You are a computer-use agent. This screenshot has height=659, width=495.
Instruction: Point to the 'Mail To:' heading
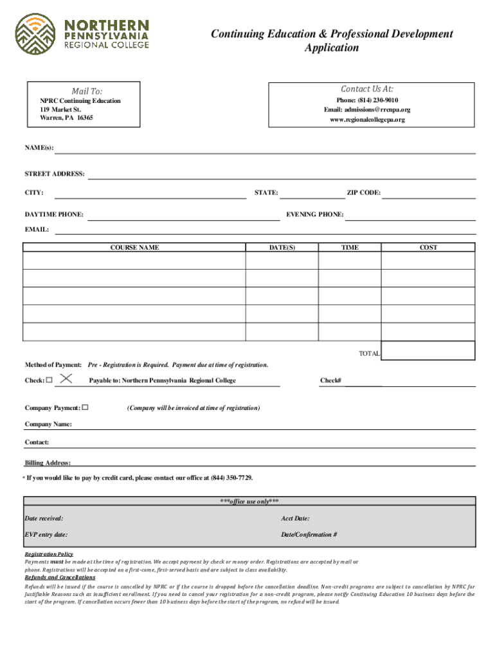pos(87,91)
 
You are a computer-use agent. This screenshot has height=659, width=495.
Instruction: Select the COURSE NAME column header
pos(134,247)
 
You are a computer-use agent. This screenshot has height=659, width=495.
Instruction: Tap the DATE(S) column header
pos(282,247)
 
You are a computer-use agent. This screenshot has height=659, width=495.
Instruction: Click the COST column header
pos(428,247)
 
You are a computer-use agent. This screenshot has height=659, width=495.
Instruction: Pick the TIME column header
pos(350,247)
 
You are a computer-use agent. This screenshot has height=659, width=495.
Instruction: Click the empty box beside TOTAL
pos(428,350)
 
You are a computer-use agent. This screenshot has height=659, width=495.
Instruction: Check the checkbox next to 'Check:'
pos(49,380)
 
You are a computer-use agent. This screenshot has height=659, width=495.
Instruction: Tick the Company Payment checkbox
pos(85,407)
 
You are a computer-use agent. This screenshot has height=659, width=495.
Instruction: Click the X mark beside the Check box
pos(64,380)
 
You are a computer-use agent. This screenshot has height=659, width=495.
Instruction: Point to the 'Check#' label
pos(330,380)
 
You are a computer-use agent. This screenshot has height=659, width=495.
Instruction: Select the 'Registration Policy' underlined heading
pos(49,554)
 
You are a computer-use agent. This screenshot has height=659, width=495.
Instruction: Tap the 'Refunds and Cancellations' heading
pos(60,577)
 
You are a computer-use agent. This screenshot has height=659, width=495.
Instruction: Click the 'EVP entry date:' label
pos(46,535)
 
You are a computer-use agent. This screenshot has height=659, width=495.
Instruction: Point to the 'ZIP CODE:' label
pos(363,192)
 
